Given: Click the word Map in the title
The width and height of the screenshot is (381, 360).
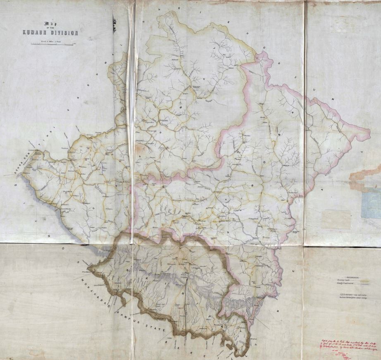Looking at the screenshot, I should click(x=50, y=24).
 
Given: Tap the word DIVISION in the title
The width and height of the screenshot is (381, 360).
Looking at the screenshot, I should click(x=64, y=33).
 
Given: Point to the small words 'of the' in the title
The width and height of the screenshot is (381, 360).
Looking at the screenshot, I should click(x=50, y=28).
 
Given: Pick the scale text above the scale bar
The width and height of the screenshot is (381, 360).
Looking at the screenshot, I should click(x=50, y=40).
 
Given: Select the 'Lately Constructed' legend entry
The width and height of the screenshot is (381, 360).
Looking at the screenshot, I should click(x=344, y=284).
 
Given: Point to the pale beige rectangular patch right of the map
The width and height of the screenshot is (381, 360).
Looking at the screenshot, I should click(x=336, y=220).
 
